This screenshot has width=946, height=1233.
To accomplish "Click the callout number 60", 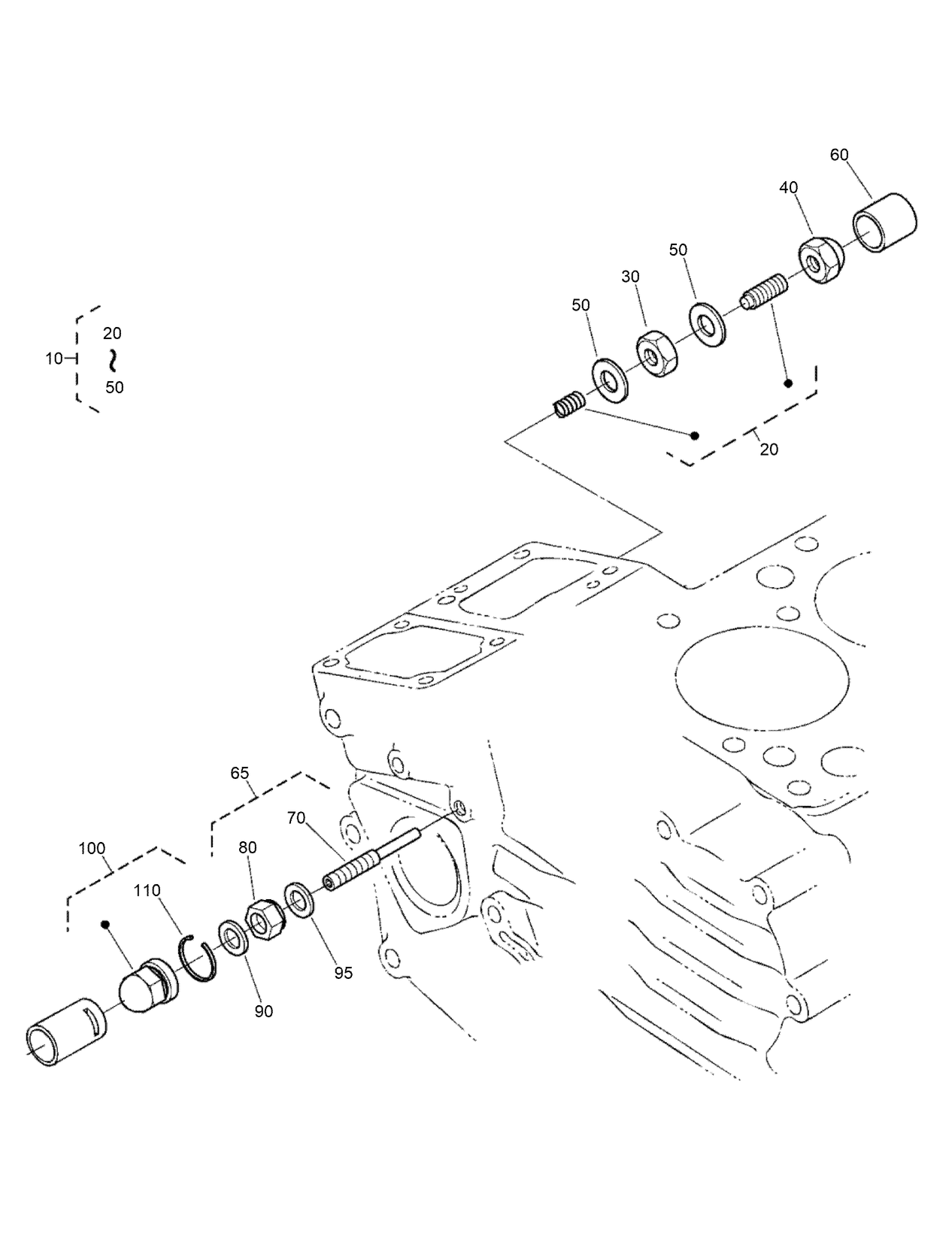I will [838, 155].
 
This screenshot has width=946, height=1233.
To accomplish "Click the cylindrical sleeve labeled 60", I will [886, 223].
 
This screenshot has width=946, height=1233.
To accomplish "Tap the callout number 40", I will [788, 188].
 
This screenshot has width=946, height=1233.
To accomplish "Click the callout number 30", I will [630, 277].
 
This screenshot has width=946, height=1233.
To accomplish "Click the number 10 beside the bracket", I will [53, 359].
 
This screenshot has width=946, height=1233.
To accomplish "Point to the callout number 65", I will [239, 773].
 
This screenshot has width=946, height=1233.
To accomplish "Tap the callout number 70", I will [296, 817].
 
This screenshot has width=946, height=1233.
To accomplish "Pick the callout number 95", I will [344, 973].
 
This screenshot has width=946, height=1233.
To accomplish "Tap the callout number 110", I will [147, 891].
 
